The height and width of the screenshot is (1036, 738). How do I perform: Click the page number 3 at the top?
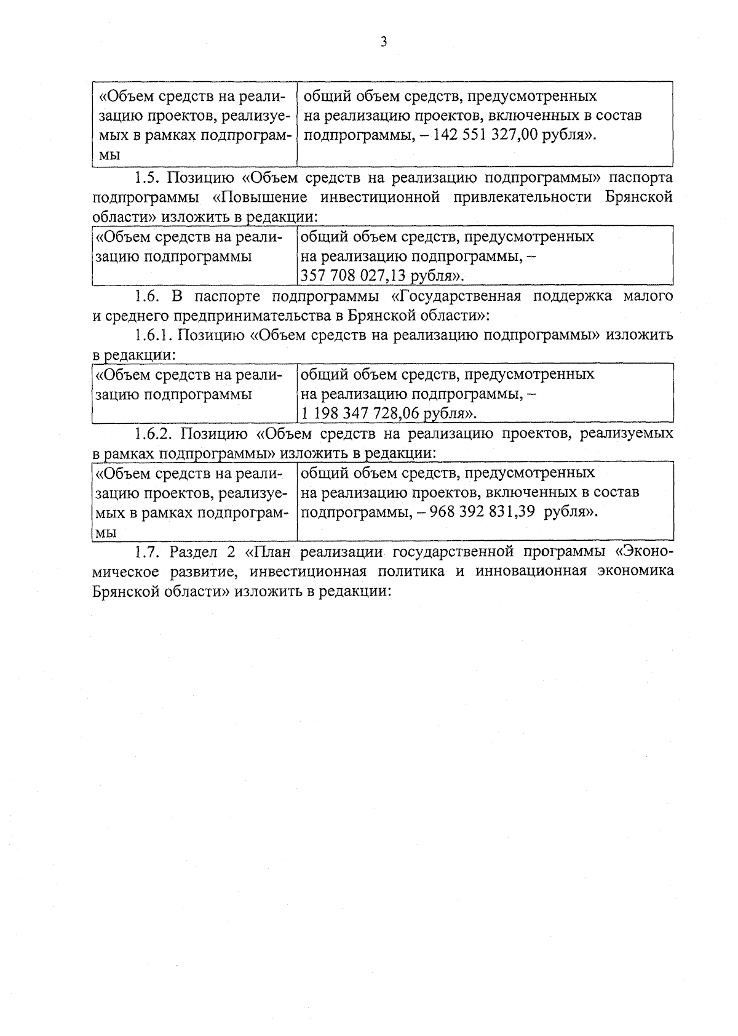pyautogui.click(x=384, y=42)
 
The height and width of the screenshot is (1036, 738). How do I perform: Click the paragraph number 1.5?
pyautogui.click(x=146, y=178)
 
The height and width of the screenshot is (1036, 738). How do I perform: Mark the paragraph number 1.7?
pyautogui.click(x=146, y=551)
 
